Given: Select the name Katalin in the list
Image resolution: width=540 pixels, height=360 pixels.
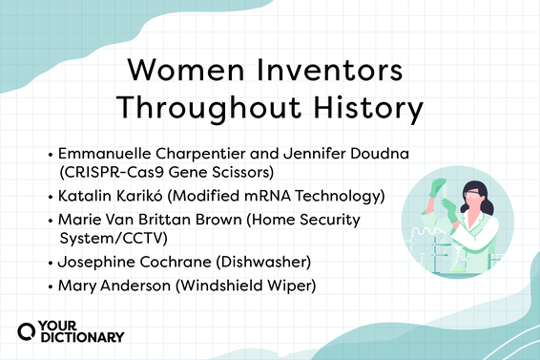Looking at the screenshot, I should point(83,197).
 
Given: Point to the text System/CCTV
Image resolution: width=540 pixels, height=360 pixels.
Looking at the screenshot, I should point(108,239).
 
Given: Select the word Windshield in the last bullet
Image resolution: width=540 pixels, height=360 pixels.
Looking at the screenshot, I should point(215,286).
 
